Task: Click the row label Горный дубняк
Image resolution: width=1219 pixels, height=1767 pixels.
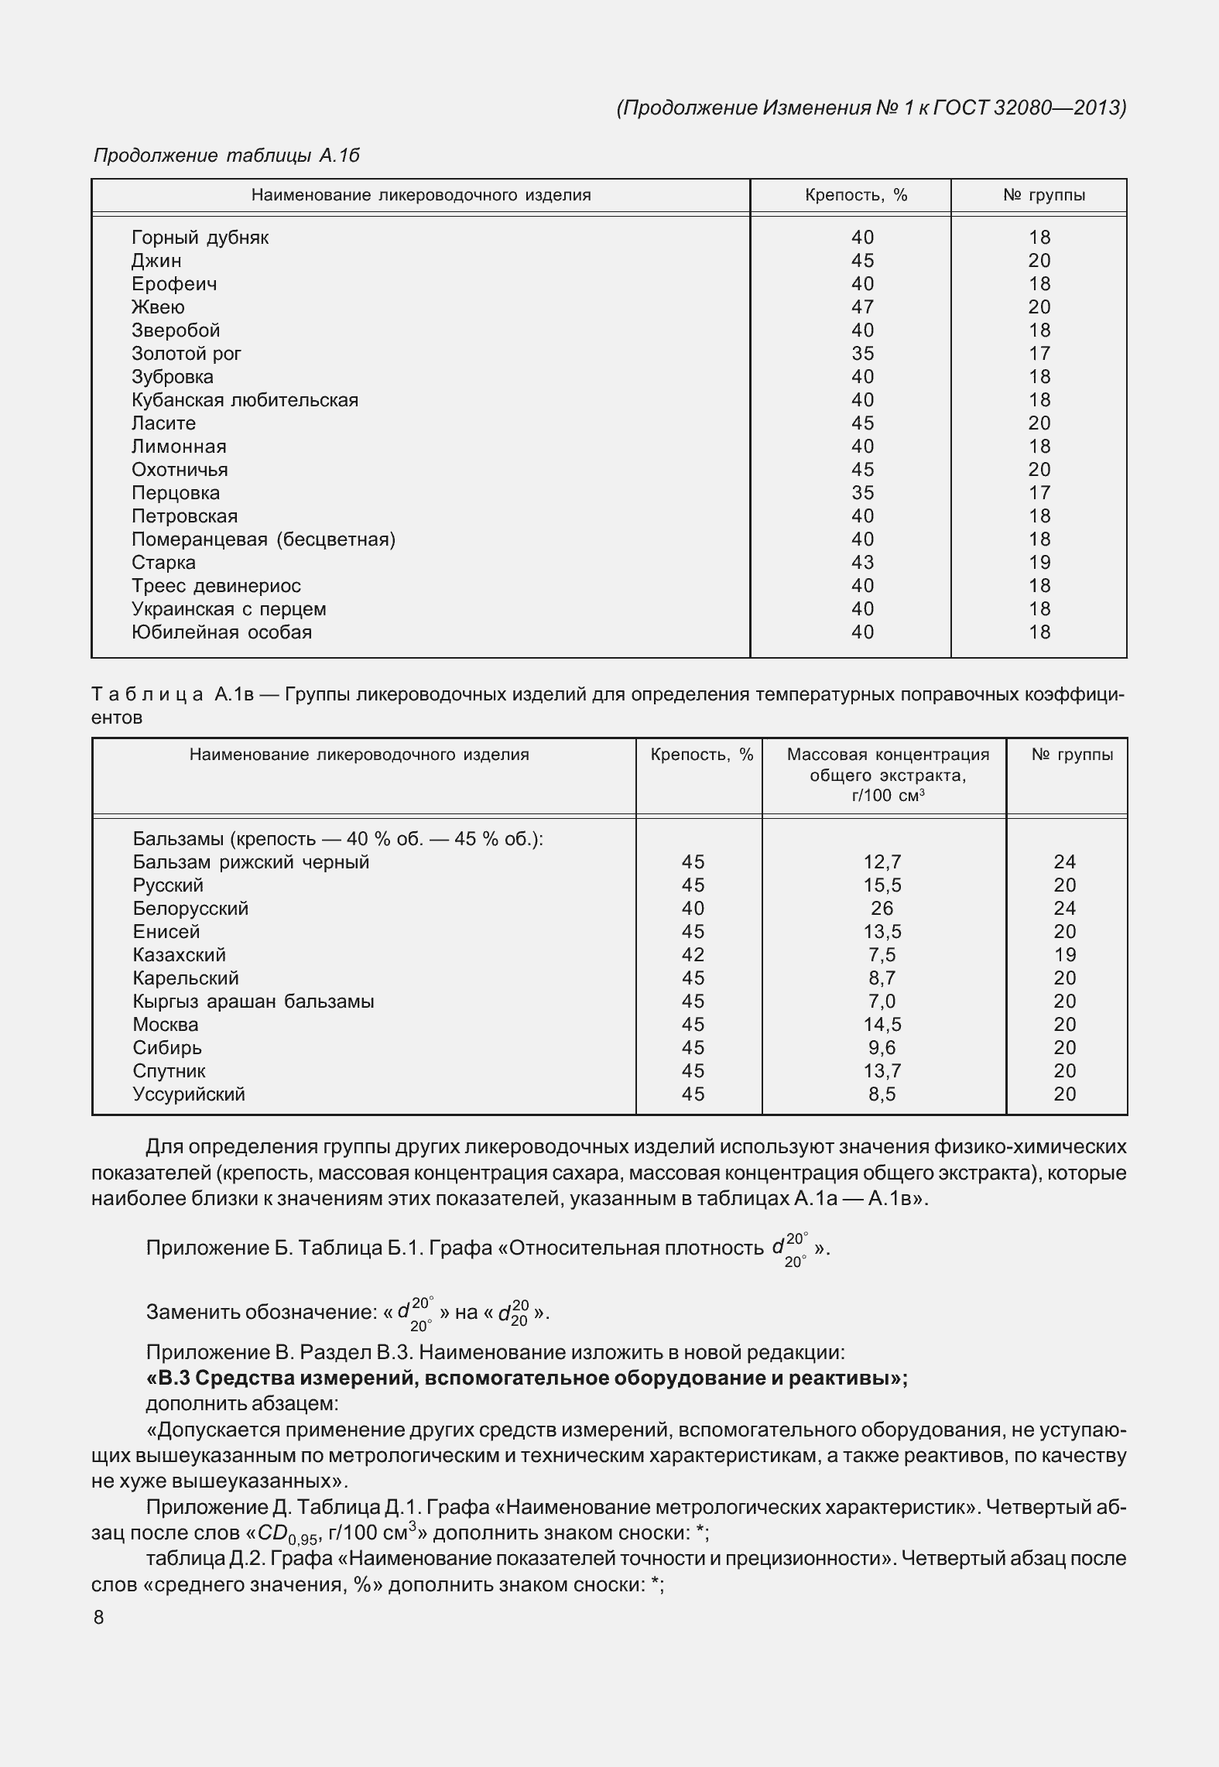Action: click(x=200, y=238)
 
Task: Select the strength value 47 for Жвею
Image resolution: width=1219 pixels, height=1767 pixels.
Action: click(x=862, y=307)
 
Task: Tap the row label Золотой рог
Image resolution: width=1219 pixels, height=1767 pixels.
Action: click(x=186, y=354)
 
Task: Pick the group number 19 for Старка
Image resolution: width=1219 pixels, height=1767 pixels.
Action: click(x=1039, y=563)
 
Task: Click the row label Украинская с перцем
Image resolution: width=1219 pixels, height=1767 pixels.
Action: click(x=228, y=609)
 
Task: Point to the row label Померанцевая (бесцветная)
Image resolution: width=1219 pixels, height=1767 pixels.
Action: click(x=263, y=539)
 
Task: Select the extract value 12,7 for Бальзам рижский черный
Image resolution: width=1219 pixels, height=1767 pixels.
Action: click(x=882, y=862)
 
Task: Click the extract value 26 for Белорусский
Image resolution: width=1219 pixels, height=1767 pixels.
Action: click(x=882, y=909)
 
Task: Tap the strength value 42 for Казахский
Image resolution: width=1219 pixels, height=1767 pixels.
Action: click(x=693, y=955)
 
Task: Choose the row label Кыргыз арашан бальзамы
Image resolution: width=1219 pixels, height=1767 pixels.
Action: click(x=253, y=1002)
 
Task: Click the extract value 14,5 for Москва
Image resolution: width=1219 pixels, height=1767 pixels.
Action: click(x=882, y=1025)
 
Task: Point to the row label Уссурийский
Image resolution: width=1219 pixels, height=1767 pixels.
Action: click(x=189, y=1094)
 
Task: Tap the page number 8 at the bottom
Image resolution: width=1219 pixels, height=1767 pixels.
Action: click(x=98, y=1618)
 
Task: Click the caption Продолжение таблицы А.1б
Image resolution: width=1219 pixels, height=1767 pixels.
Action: click(x=226, y=156)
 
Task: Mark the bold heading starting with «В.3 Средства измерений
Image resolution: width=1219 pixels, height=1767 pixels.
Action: click(x=526, y=1378)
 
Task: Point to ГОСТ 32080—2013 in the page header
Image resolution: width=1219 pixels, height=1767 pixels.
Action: click(x=1029, y=108)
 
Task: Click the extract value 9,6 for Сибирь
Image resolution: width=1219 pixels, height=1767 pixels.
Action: click(x=882, y=1048)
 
